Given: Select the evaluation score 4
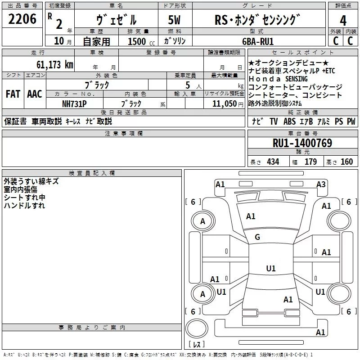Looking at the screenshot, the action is point(343,21).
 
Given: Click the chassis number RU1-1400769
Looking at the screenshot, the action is point(302,143).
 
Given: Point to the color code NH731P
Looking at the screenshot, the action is point(75,103).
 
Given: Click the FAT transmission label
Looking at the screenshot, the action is point(13,94).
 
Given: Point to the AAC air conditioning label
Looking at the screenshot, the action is point(35,94).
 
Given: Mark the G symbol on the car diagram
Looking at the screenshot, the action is point(257,237).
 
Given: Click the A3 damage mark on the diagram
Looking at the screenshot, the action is point(321,184).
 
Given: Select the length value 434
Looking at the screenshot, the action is point(273,162).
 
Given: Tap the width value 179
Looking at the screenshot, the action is point(310,162).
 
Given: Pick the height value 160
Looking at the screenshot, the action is point(346,162).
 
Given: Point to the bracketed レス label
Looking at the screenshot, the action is point(196,345).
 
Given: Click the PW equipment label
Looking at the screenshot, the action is point(351,121).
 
